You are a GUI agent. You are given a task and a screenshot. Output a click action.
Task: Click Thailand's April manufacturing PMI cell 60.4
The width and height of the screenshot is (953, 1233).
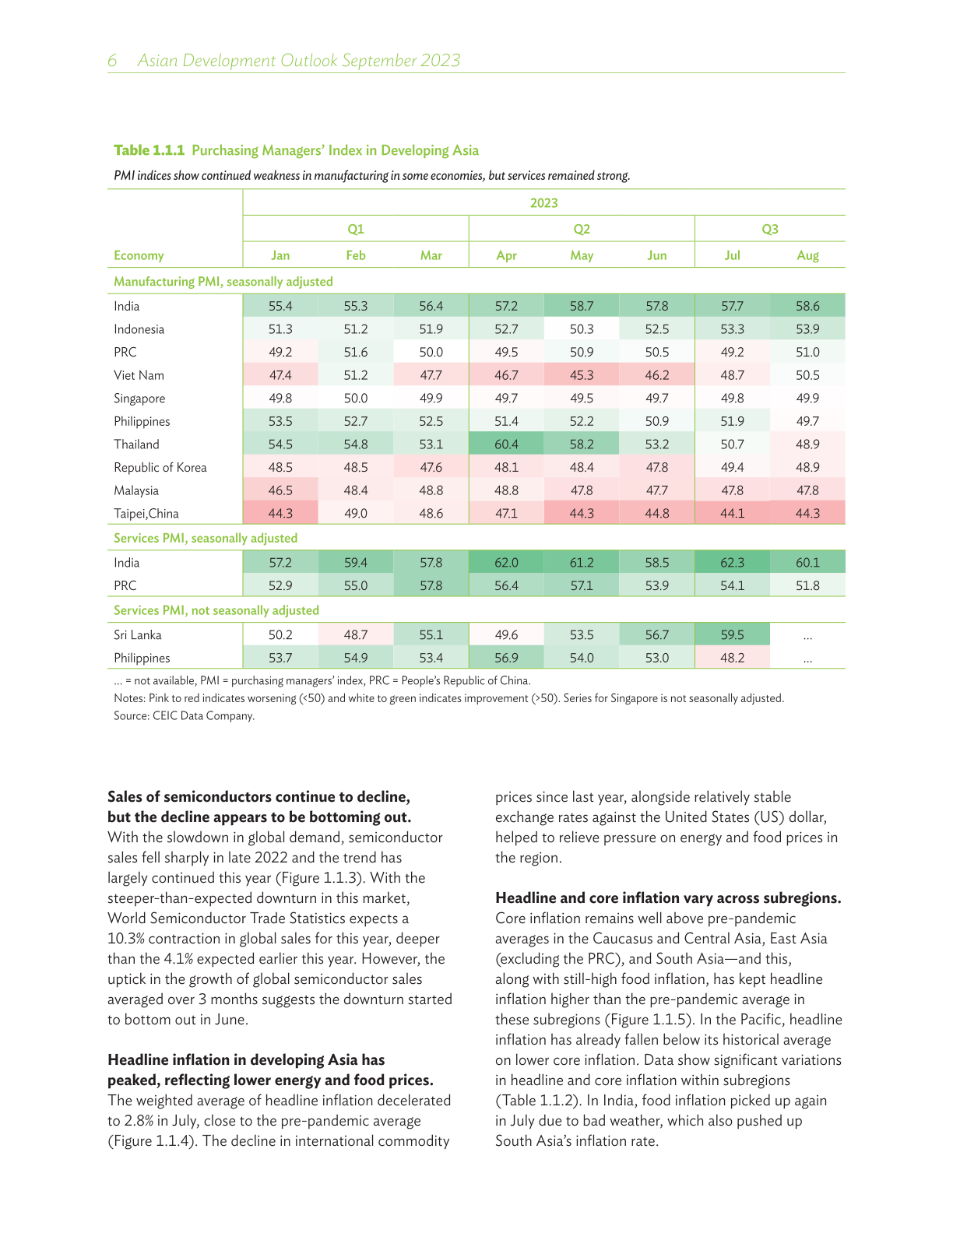coord(506,444)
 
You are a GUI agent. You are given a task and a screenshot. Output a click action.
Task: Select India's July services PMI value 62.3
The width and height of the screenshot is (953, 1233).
coord(732,563)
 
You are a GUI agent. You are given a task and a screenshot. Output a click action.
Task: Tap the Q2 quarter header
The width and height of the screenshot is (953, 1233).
coord(582,229)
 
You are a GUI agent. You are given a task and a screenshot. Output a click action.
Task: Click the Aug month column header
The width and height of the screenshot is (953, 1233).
coord(807,255)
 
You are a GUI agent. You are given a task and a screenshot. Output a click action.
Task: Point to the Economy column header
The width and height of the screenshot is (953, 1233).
coord(139,255)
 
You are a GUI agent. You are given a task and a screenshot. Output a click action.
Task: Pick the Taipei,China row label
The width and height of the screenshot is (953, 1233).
coord(146,514)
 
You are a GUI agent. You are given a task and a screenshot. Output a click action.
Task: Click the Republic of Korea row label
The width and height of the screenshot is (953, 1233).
coord(160,468)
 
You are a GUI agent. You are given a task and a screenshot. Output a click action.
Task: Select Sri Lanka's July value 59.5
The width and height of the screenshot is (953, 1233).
coord(732,635)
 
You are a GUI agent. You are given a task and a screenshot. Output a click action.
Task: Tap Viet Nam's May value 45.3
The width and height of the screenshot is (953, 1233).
coord(582,375)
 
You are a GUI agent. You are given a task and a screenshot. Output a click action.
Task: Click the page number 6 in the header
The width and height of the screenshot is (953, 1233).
coord(112,61)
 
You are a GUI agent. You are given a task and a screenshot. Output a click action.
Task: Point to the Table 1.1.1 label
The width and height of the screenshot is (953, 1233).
coord(149,150)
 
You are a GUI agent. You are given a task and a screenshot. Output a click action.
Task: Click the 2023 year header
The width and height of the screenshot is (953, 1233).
coord(543,203)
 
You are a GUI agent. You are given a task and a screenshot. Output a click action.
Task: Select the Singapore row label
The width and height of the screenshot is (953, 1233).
coord(139,399)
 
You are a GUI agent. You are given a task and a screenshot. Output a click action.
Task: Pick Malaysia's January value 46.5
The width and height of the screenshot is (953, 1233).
coord(280,490)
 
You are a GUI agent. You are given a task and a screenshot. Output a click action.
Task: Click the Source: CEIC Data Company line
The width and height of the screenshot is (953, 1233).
coord(184,716)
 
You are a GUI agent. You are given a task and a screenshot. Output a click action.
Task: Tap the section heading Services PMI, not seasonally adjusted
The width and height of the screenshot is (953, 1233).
coord(216,610)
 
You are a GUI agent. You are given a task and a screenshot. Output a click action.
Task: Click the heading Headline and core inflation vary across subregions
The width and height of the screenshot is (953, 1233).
coord(668,898)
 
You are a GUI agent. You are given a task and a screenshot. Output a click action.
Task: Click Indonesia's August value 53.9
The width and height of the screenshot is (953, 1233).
coord(807,329)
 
